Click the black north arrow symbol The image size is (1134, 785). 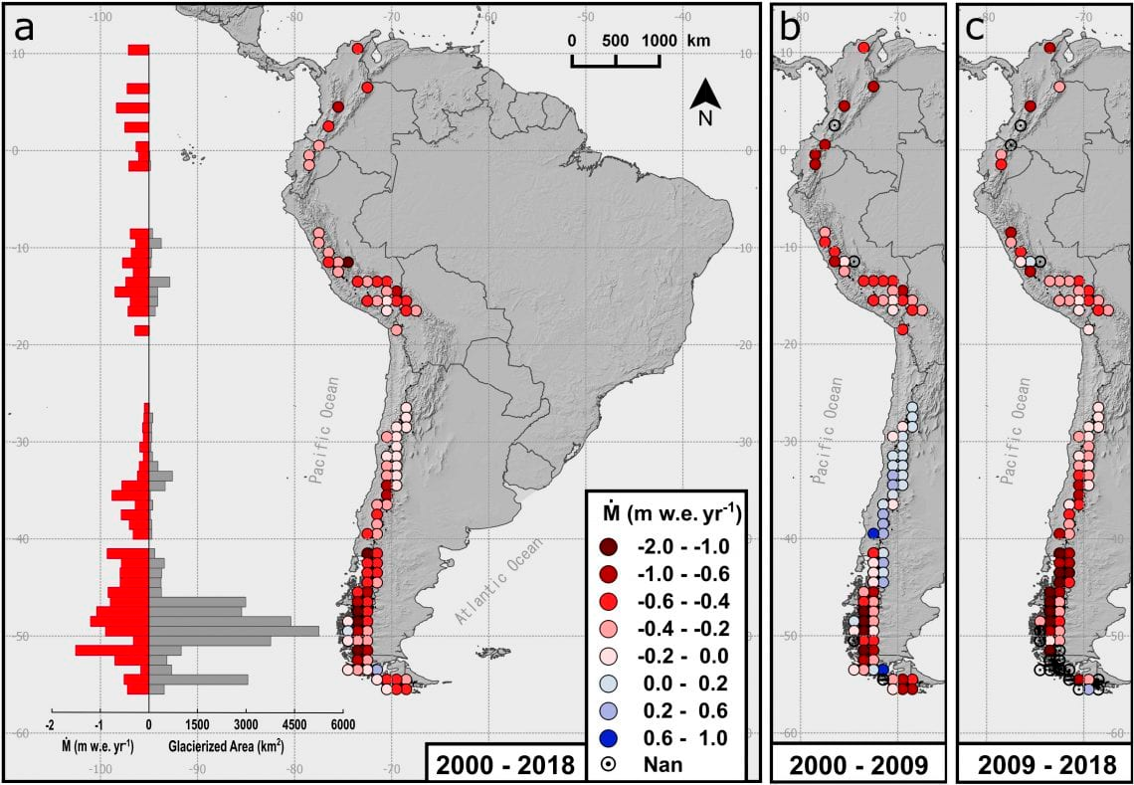point(705,97)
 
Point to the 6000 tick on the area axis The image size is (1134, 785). point(342,724)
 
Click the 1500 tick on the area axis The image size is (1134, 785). point(197,724)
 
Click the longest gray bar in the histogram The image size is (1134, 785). point(234,631)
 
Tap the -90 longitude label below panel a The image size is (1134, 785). point(198,768)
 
